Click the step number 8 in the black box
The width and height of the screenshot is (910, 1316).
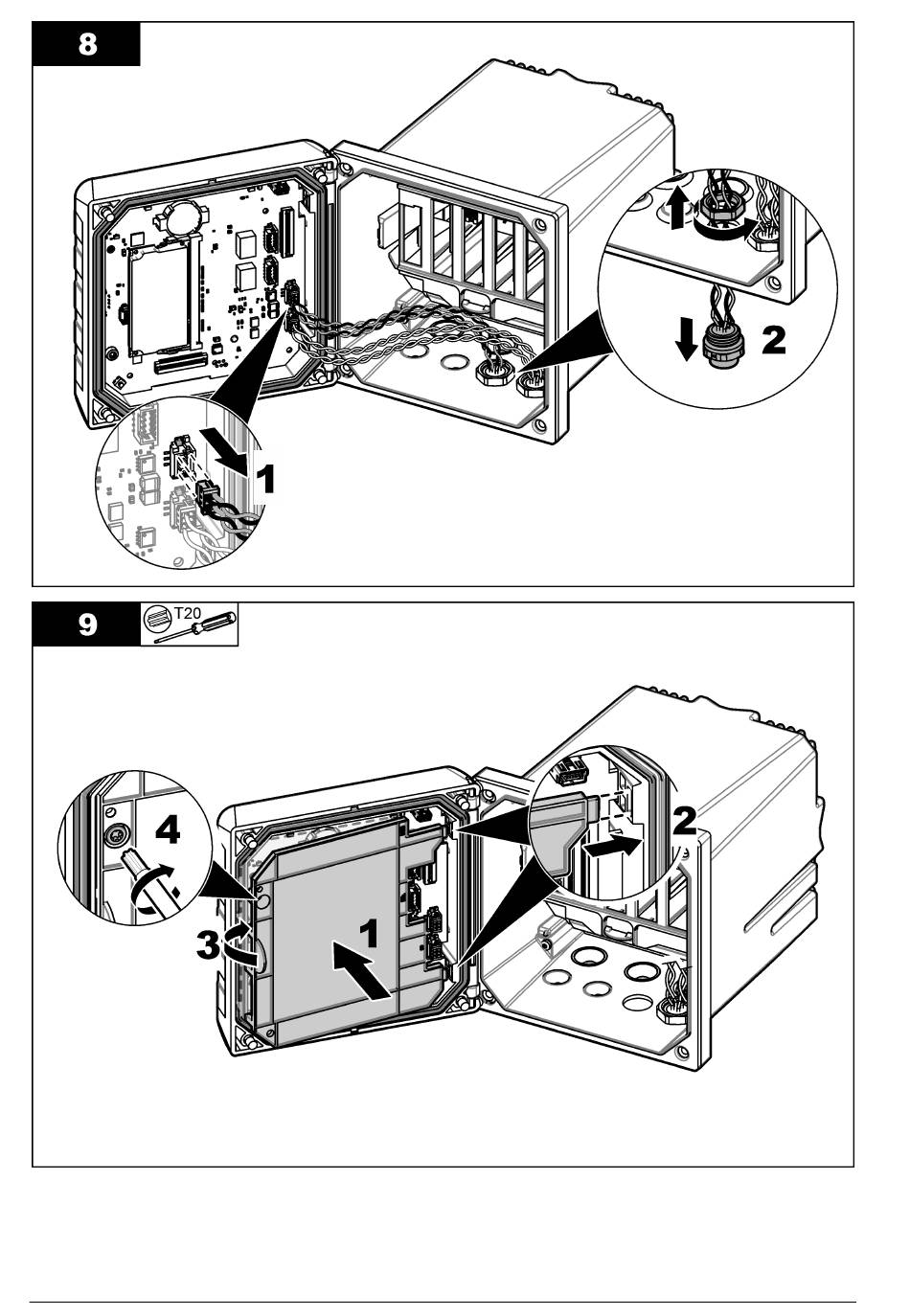click(87, 46)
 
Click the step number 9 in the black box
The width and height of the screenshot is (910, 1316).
click(87, 625)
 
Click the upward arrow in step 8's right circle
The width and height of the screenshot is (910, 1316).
click(677, 206)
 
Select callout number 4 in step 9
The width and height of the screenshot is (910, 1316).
click(168, 830)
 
